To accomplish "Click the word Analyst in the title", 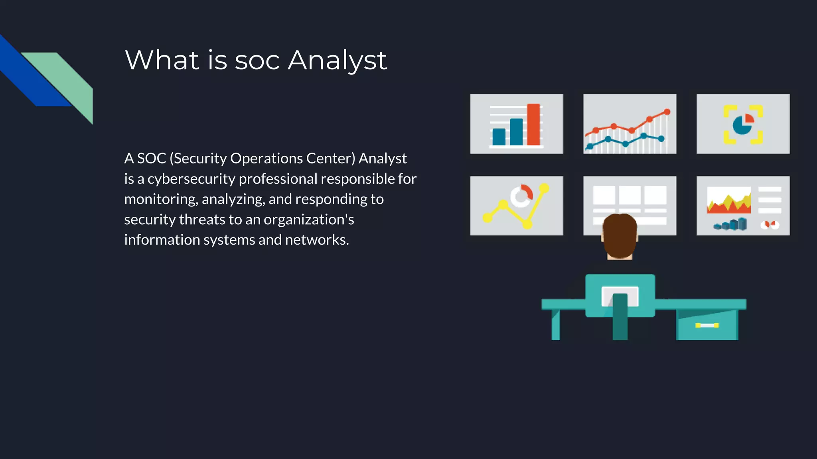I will click(x=337, y=61).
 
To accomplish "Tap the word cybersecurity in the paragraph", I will click(x=191, y=179).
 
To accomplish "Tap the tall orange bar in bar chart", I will click(x=533, y=124).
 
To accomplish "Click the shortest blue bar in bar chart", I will click(x=499, y=137).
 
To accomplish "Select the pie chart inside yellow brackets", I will click(x=743, y=124).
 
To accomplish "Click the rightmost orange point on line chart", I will click(x=667, y=112).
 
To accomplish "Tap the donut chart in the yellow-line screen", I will click(x=521, y=196).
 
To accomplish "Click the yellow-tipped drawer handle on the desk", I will click(x=707, y=326).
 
